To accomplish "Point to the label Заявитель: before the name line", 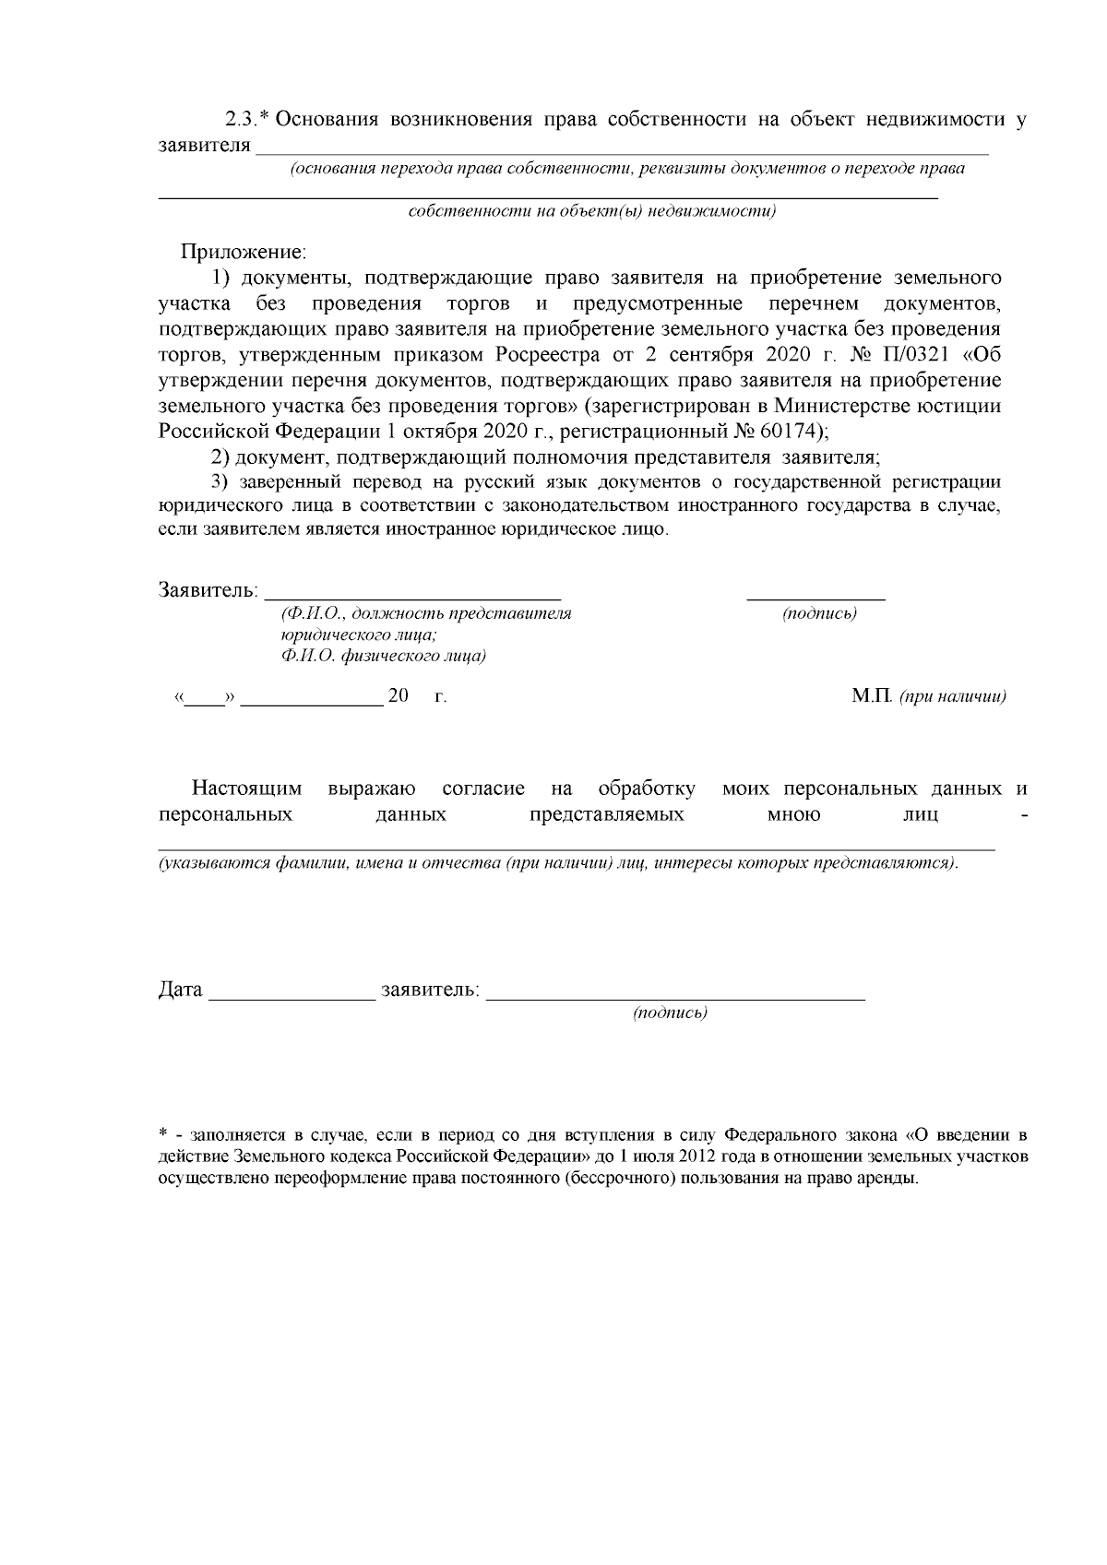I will tap(208, 590).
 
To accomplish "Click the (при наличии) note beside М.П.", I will tap(952, 697).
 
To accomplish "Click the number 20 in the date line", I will tap(399, 696).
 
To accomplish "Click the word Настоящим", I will tap(247, 789).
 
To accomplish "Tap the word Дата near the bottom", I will tap(180, 990).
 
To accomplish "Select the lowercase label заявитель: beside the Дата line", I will tap(430, 990).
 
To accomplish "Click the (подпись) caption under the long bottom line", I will tap(670, 1014).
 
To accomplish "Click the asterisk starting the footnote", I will tap(162, 1133).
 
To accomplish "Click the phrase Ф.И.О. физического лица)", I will tap(384, 657).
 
